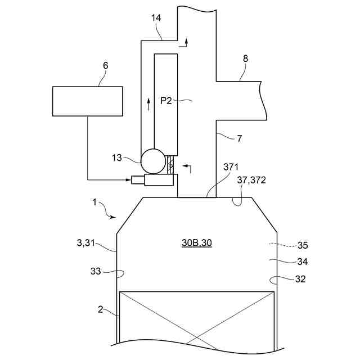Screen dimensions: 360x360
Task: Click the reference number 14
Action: (x=156, y=18)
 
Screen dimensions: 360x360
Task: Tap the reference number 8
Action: (x=245, y=58)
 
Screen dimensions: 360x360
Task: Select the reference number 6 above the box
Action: (x=105, y=66)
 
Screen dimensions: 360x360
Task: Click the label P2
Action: (x=166, y=101)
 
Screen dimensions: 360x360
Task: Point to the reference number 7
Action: (x=240, y=139)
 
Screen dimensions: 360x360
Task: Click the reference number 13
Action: (x=116, y=157)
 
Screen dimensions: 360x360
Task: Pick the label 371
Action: (x=231, y=167)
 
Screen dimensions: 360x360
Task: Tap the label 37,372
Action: (x=251, y=180)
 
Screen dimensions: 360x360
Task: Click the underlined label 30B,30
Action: (x=197, y=242)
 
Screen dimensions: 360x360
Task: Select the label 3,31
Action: (x=85, y=243)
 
